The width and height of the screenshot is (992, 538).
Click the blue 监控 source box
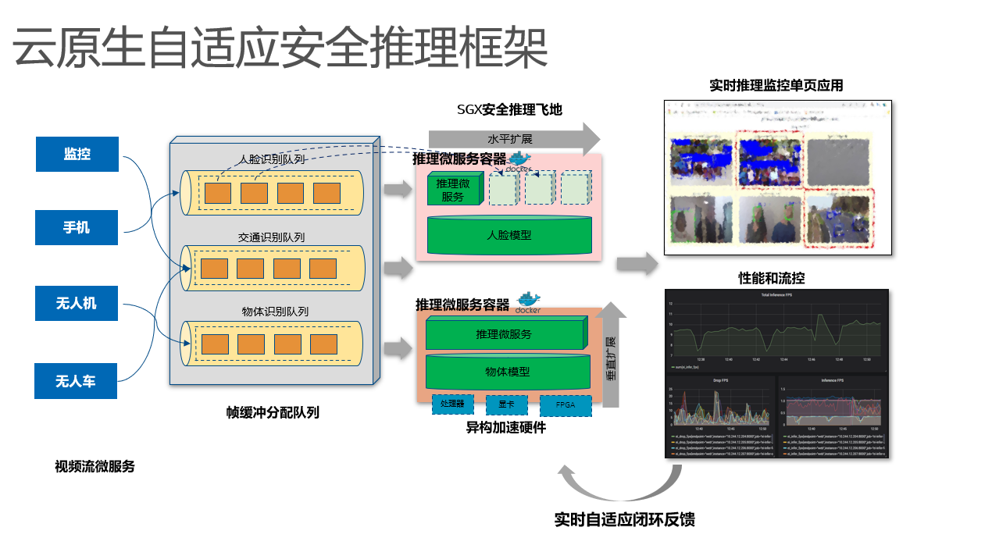(77, 154)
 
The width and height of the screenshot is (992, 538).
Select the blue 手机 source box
(77, 227)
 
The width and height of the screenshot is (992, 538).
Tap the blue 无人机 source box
(77, 303)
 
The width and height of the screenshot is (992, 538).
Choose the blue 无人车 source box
(76, 381)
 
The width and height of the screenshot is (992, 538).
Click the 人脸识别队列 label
(271, 160)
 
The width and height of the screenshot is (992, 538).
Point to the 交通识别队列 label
(271, 237)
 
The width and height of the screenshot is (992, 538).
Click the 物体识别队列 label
(275, 312)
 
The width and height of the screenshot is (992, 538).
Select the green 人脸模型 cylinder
(508, 234)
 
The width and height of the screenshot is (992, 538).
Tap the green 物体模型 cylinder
(508, 372)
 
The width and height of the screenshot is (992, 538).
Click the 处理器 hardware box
(452, 404)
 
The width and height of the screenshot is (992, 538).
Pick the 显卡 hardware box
(499, 405)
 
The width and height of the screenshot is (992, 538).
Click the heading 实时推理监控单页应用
(776, 85)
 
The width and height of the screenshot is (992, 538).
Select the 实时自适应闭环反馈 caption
(624, 519)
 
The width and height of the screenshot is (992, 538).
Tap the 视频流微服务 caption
(95, 466)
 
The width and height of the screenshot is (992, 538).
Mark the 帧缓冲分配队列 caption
(273, 413)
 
